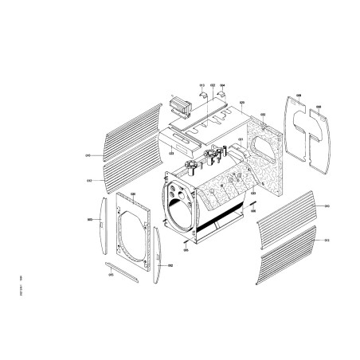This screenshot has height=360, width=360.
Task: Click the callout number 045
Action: (111, 276)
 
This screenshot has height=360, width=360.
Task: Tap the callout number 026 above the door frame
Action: (133, 194)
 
